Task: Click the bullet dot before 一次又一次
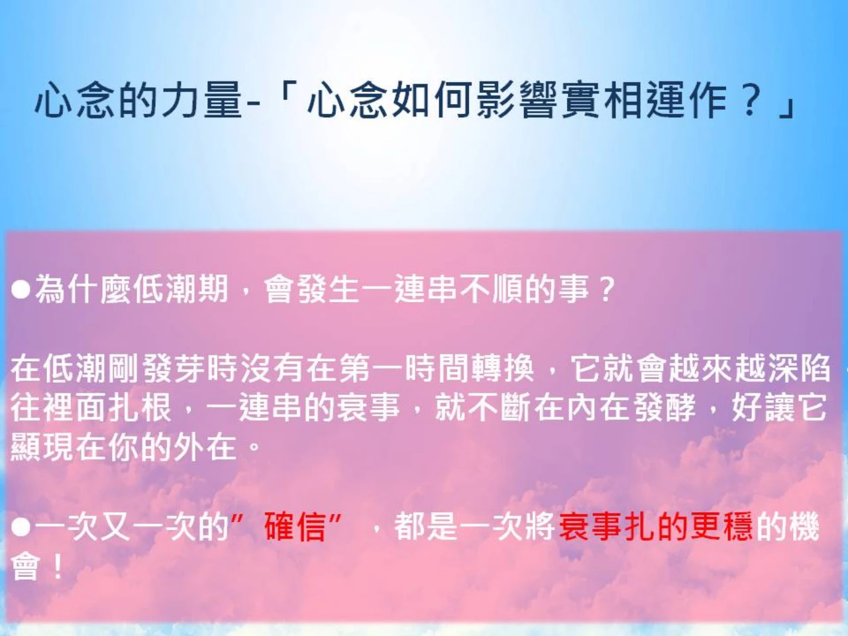tap(21, 527)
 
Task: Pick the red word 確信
tap(295, 527)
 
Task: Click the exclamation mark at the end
tap(57, 567)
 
